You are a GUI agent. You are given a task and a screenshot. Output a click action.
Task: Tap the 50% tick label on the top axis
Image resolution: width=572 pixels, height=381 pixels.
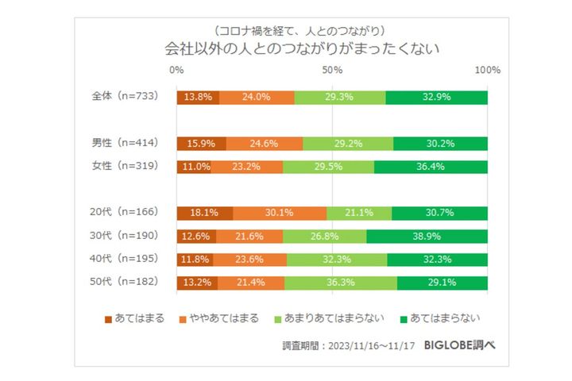(x=332, y=71)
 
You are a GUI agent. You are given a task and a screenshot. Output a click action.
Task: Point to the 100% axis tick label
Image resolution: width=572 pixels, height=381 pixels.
(x=487, y=71)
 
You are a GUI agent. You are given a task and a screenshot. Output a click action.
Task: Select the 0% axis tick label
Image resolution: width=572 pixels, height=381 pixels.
(x=177, y=71)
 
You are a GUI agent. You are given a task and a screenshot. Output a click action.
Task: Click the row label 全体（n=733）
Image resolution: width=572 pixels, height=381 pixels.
(x=126, y=97)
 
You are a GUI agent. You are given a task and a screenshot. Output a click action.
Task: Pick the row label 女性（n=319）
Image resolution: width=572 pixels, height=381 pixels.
(x=126, y=166)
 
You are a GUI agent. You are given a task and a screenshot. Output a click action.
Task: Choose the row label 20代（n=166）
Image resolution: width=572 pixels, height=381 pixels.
(x=126, y=213)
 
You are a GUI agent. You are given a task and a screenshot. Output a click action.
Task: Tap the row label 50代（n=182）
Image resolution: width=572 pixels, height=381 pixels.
(x=126, y=282)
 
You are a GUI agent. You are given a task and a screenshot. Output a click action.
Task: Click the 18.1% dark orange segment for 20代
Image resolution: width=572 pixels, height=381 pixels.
(x=205, y=213)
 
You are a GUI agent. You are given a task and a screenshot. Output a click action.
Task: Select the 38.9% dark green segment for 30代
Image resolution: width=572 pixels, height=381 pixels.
(x=427, y=236)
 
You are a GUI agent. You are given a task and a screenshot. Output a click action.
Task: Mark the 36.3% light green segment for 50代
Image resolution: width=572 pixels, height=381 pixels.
(x=340, y=282)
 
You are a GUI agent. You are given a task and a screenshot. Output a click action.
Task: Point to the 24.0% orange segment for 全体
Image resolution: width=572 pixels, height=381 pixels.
(x=257, y=97)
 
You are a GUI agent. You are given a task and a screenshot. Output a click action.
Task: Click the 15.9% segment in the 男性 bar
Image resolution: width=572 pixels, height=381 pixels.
(x=202, y=144)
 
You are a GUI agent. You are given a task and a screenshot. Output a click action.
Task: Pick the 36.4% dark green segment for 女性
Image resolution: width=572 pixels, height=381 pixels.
(x=431, y=167)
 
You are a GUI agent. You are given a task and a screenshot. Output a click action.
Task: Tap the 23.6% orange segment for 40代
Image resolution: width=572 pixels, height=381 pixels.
(x=250, y=259)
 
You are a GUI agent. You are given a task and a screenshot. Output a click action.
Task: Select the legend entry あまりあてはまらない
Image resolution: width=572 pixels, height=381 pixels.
(x=343, y=318)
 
